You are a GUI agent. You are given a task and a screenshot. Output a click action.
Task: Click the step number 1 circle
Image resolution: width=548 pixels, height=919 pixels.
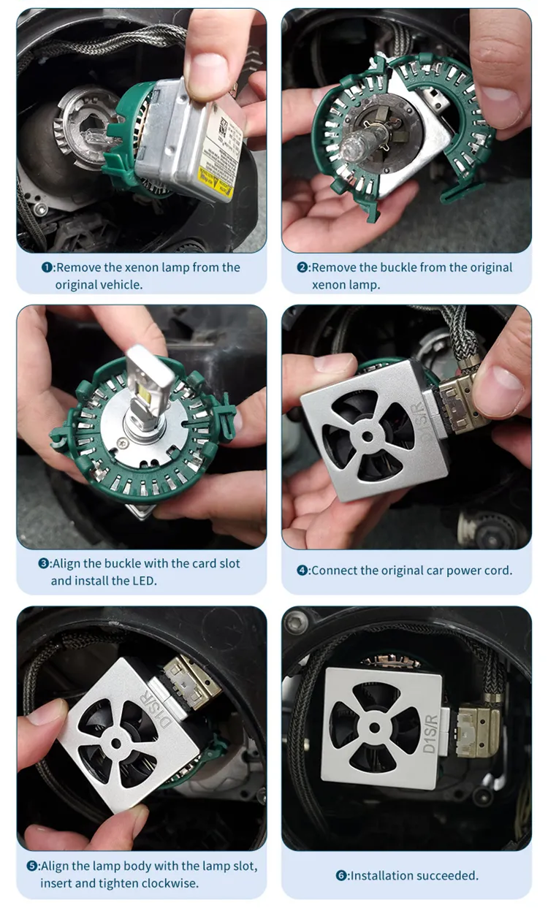coord(47,267)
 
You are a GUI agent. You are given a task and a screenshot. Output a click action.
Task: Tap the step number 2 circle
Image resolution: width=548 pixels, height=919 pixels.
coord(302,267)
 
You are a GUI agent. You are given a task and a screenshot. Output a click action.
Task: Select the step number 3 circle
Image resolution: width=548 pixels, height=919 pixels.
coord(44,563)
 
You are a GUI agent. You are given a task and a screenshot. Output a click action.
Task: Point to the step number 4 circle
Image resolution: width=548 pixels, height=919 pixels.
coord(302,571)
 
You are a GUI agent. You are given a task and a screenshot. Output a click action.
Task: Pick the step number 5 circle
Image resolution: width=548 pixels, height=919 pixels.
coord(32,866)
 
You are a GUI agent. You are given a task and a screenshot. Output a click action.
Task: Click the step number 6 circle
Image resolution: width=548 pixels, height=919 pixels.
coord(341,875)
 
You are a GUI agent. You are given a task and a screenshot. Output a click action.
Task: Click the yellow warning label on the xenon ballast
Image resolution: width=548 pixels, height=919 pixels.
coord(216,182)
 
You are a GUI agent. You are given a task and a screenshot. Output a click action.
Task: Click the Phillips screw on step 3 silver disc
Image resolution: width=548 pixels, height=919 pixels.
coord(122,443)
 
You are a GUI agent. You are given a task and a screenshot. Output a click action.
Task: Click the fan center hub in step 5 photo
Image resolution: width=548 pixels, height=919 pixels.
coord(117,744)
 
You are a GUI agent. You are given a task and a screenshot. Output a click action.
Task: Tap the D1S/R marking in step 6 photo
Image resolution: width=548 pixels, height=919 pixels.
coord(431,733)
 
